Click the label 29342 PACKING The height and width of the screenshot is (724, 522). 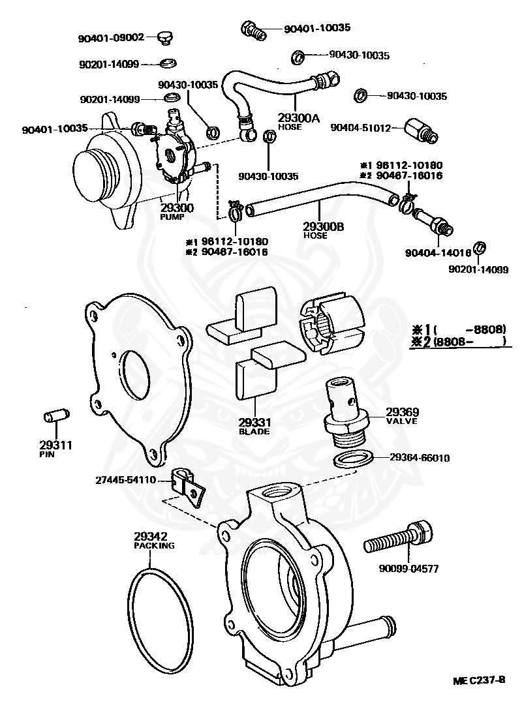point(154,541)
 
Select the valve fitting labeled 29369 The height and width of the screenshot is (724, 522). point(344,406)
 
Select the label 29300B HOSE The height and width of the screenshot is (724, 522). point(323,230)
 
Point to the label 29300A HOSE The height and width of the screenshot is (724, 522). point(298,121)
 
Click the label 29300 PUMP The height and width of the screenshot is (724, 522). point(177,211)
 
